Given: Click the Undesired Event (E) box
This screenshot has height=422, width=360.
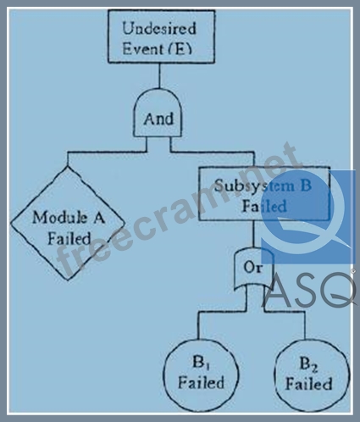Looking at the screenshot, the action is click(x=161, y=36).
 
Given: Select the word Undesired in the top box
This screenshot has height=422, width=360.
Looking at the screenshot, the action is click(x=159, y=28).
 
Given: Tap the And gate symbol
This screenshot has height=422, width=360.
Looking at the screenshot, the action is click(x=158, y=113).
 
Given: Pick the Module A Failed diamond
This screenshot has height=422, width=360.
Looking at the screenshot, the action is click(x=68, y=223).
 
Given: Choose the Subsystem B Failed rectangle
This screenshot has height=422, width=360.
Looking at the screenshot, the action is click(x=264, y=194).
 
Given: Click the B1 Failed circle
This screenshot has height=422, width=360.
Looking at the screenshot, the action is click(x=201, y=375).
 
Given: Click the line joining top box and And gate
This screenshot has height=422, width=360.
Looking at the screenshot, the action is click(x=159, y=75).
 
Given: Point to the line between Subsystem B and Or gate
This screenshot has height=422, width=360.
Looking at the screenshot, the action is click(x=253, y=234).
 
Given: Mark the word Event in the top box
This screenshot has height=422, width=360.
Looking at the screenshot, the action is click(x=143, y=49).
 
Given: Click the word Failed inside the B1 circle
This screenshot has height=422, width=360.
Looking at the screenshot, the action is click(x=201, y=382).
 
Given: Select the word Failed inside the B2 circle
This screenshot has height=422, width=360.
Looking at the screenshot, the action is click(x=308, y=384).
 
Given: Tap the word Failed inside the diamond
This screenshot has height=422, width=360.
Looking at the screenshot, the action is click(x=69, y=238).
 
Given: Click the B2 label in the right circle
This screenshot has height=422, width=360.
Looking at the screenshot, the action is click(x=308, y=364).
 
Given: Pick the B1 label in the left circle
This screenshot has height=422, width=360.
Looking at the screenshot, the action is click(x=201, y=363).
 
